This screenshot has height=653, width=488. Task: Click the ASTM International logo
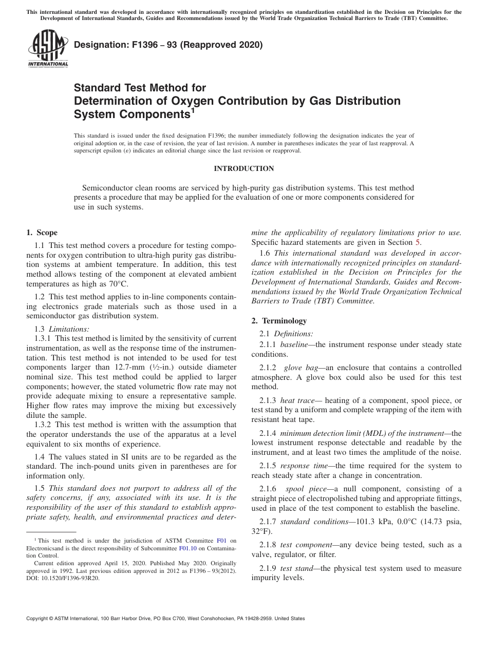click(x=47, y=49)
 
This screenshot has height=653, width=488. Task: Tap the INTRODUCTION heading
click(x=243, y=168)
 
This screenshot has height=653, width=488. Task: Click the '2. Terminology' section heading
click(x=278, y=321)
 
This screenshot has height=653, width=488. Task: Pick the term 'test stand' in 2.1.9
click(x=295, y=568)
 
